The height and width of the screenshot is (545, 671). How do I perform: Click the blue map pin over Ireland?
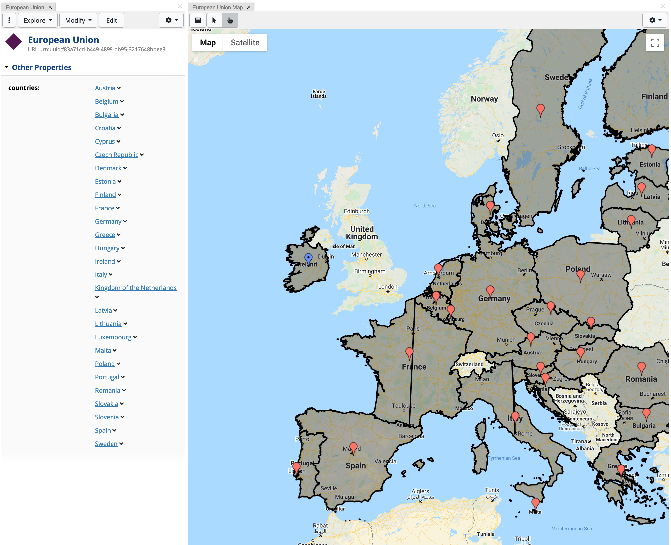(308, 258)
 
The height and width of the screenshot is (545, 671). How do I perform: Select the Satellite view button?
(245, 43)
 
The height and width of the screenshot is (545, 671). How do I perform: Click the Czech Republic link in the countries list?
(116, 155)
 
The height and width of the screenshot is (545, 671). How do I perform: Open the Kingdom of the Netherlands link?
(135, 288)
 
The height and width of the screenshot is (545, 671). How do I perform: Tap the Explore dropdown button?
(38, 20)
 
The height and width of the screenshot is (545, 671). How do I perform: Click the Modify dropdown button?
(78, 20)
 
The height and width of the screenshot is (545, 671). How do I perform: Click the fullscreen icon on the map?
(655, 43)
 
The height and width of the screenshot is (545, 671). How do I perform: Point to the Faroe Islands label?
(319, 94)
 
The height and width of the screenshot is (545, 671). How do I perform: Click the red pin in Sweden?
(540, 109)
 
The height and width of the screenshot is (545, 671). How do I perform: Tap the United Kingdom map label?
(362, 233)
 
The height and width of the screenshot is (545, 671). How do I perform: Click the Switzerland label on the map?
(469, 364)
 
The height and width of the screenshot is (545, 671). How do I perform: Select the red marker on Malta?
(535, 503)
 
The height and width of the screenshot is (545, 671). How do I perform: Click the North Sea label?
(425, 206)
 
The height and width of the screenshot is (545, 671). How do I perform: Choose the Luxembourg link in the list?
(113, 337)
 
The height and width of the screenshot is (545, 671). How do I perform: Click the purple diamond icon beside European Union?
(14, 42)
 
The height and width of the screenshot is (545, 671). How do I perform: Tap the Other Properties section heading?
(42, 67)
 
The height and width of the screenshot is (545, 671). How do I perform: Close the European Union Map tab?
(249, 7)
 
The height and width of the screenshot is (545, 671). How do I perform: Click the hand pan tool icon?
(230, 20)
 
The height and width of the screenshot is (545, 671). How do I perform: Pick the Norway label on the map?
(484, 99)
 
